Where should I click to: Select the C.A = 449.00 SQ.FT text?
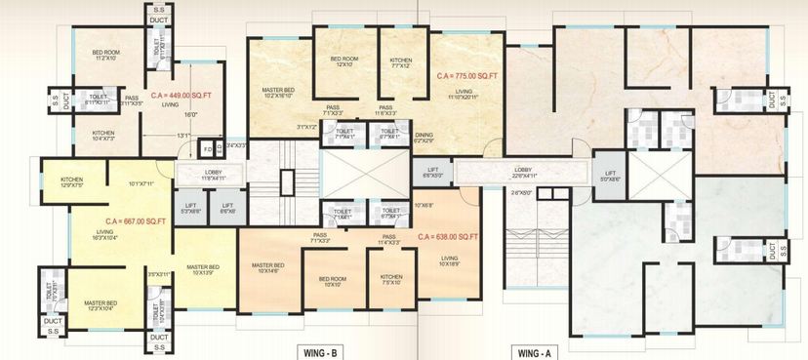point(182,97)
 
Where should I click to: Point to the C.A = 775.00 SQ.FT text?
point(468,74)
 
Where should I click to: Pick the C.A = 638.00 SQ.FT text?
point(448,237)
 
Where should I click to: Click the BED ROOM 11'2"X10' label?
point(105,55)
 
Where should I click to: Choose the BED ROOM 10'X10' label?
point(332,281)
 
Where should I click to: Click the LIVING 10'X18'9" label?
point(449,260)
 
